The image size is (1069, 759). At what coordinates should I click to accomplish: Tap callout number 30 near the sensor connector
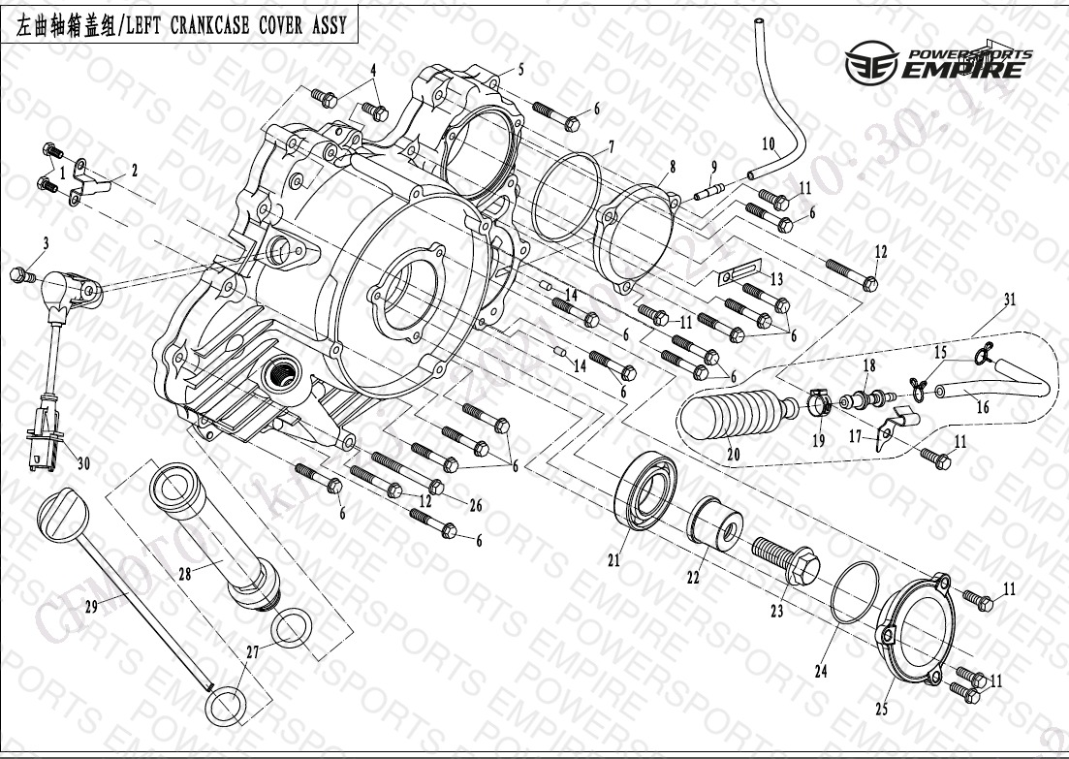coord(82,464)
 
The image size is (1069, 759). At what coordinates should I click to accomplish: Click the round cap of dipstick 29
coord(59,509)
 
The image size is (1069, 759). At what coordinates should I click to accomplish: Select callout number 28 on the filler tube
coord(185,574)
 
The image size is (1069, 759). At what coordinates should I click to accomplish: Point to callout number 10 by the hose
coord(769,145)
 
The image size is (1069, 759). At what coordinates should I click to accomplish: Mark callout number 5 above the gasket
coord(520,69)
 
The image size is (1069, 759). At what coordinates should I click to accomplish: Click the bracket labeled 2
coord(96,180)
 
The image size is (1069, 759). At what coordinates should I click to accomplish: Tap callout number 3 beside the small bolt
coord(45,241)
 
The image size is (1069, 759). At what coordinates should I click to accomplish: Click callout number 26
coord(475,503)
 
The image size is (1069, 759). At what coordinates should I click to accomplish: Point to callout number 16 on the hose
coord(982,408)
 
